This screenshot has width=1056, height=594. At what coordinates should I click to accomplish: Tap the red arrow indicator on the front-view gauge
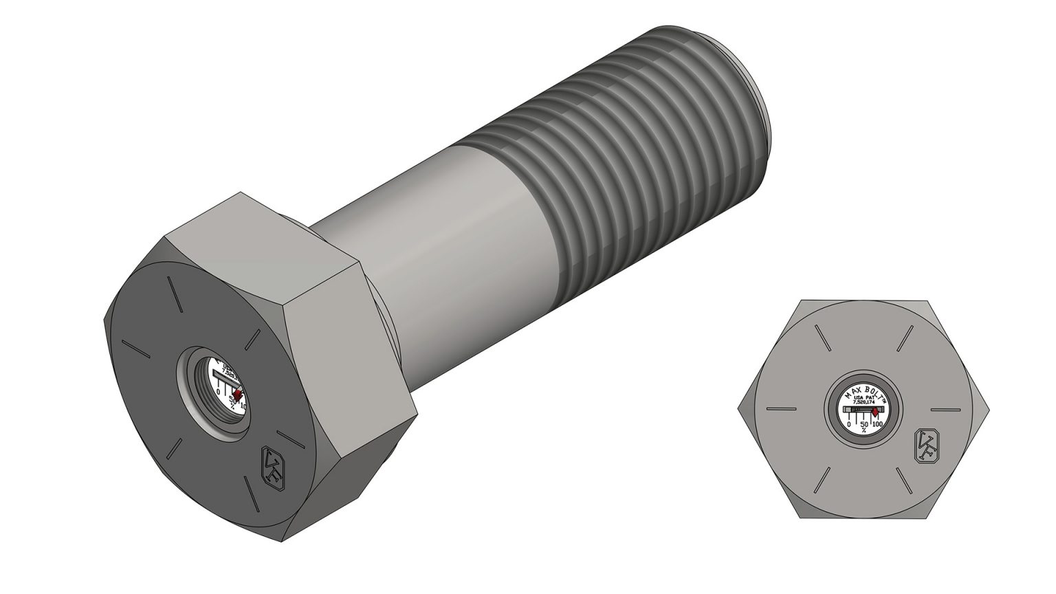[x=875, y=412]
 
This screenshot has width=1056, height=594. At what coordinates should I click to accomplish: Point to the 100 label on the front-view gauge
[x=877, y=424]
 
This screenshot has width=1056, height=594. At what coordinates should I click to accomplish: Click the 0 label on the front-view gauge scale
[x=848, y=424]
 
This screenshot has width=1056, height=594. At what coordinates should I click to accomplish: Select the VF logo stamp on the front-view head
[x=925, y=445]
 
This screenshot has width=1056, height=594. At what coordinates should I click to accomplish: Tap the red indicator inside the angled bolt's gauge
[x=238, y=393]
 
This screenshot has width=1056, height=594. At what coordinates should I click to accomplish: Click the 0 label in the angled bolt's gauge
[x=219, y=391]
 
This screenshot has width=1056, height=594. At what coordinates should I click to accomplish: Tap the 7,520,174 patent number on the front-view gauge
[x=862, y=404]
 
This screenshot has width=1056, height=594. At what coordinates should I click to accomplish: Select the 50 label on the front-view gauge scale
[x=863, y=424]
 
